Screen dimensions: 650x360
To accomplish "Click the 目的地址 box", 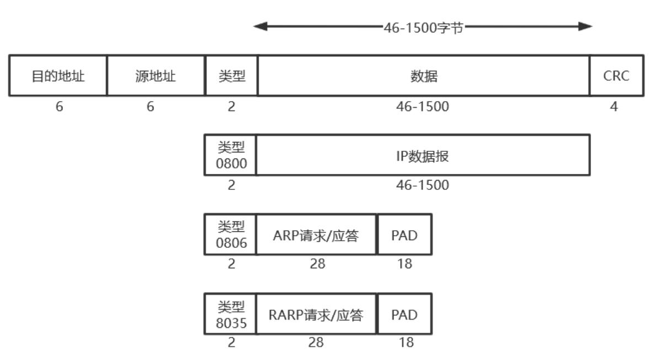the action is coord(58,76).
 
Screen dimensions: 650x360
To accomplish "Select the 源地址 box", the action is coord(156,76).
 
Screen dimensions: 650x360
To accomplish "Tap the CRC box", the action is coord(616,76).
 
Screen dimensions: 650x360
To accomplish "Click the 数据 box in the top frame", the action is coord(424,76).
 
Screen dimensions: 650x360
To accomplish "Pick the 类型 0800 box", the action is coord(231,155).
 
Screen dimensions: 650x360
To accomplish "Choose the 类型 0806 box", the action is coord(231,235).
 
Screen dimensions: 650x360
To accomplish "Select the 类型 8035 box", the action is coord(231,314).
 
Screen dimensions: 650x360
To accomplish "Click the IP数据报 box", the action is coord(424,155).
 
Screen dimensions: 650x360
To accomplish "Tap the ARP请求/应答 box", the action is coord(317,235).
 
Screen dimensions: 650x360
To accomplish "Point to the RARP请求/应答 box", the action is coord(317,314).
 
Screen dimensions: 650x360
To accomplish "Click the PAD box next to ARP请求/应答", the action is coord(404,235).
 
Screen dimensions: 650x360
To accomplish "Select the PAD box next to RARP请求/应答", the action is coord(404,314).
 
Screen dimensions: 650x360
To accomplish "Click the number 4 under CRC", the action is coord(614,107).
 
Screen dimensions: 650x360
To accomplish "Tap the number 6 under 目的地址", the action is coord(59,107).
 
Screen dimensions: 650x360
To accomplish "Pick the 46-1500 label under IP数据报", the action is coord(422,185).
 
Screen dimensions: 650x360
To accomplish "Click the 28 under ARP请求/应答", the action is coord(317,264).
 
